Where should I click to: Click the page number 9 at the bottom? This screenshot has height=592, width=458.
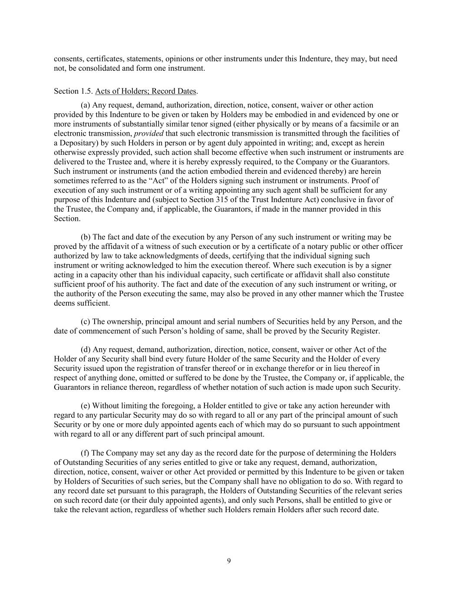point(229,561)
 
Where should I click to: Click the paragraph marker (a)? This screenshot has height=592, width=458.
point(86,105)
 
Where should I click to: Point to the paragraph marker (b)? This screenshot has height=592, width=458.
point(86,237)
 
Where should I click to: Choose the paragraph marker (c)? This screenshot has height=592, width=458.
point(86,322)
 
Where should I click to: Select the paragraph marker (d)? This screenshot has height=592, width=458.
point(86,350)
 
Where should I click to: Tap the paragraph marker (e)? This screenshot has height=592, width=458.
point(86,406)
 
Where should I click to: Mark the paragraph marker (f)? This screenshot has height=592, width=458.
point(86,453)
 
